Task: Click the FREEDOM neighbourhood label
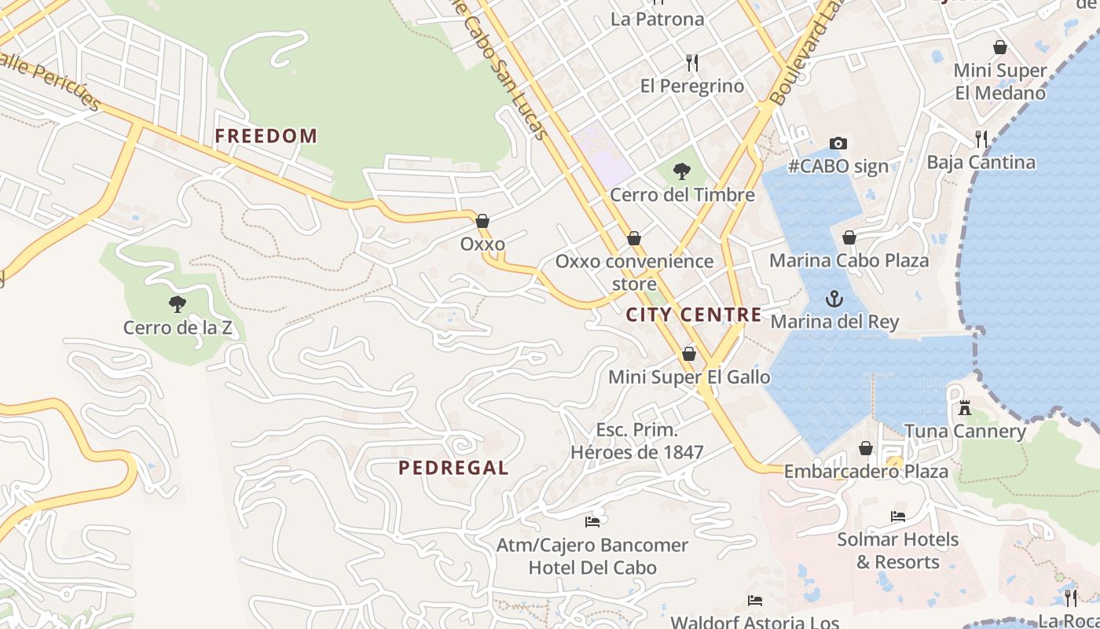coord(266,136)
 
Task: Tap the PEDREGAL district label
coord(453,468)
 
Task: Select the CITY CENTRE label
coord(694,315)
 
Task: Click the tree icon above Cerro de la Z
coord(178,303)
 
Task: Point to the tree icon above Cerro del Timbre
coord(681,171)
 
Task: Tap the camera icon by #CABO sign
coord(838,143)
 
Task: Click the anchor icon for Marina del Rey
coord(834,299)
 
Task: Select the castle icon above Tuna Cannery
coord(965,408)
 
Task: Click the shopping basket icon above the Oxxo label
coord(482,221)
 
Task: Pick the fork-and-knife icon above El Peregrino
coord(692,62)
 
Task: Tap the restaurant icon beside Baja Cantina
coord(981,139)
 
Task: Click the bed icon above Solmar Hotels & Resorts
coord(897,517)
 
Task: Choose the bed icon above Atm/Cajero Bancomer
coord(592,521)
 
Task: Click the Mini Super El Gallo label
coord(689,377)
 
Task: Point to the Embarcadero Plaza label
coord(866,472)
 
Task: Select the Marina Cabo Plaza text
coord(849,260)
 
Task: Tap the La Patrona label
coord(657,19)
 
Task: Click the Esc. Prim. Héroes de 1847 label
coord(636,441)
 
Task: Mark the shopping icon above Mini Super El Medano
coord(999,48)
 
